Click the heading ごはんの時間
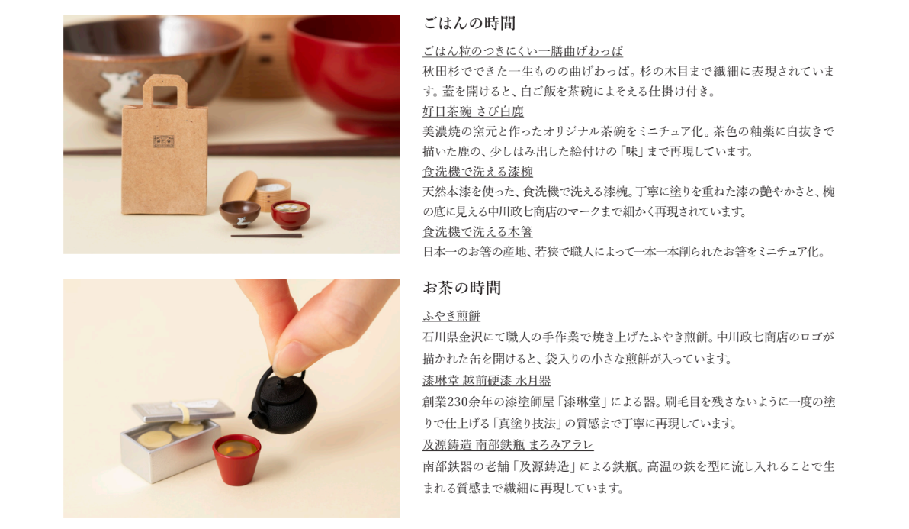(469, 23)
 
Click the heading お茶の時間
(462, 288)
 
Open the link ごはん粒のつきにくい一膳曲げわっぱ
(523, 52)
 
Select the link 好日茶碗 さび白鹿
(473, 111)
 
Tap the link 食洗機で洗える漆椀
(477, 172)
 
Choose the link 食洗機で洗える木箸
(477, 232)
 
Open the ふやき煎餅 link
(451, 316)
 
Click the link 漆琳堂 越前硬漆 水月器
(487, 381)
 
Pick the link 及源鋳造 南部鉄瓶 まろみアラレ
(508, 446)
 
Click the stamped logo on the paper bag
(163, 141)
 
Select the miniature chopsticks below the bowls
(267, 236)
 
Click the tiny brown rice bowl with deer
(239, 214)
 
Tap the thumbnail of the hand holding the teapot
(231, 398)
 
